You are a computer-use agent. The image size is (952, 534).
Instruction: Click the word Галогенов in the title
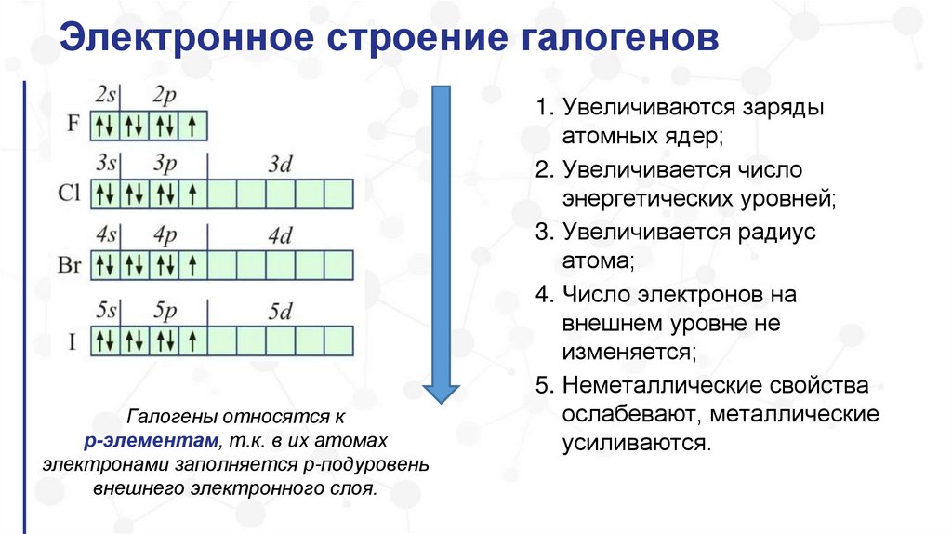click(x=614, y=41)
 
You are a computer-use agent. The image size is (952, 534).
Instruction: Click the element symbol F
click(x=73, y=125)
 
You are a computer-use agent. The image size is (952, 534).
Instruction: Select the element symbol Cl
click(x=71, y=194)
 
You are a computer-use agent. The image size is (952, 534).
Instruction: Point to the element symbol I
click(x=72, y=340)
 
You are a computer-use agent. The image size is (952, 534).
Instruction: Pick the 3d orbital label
click(x=279, y=165)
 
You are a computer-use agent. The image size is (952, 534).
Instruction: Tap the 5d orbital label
click(x=279, y=311)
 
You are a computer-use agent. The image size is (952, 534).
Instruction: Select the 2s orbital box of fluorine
click(x=104, y=125)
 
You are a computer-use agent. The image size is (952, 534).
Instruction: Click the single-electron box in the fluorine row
click(x=192, y=125)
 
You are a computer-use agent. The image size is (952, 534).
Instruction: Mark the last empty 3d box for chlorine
click(x=338, y=194)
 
